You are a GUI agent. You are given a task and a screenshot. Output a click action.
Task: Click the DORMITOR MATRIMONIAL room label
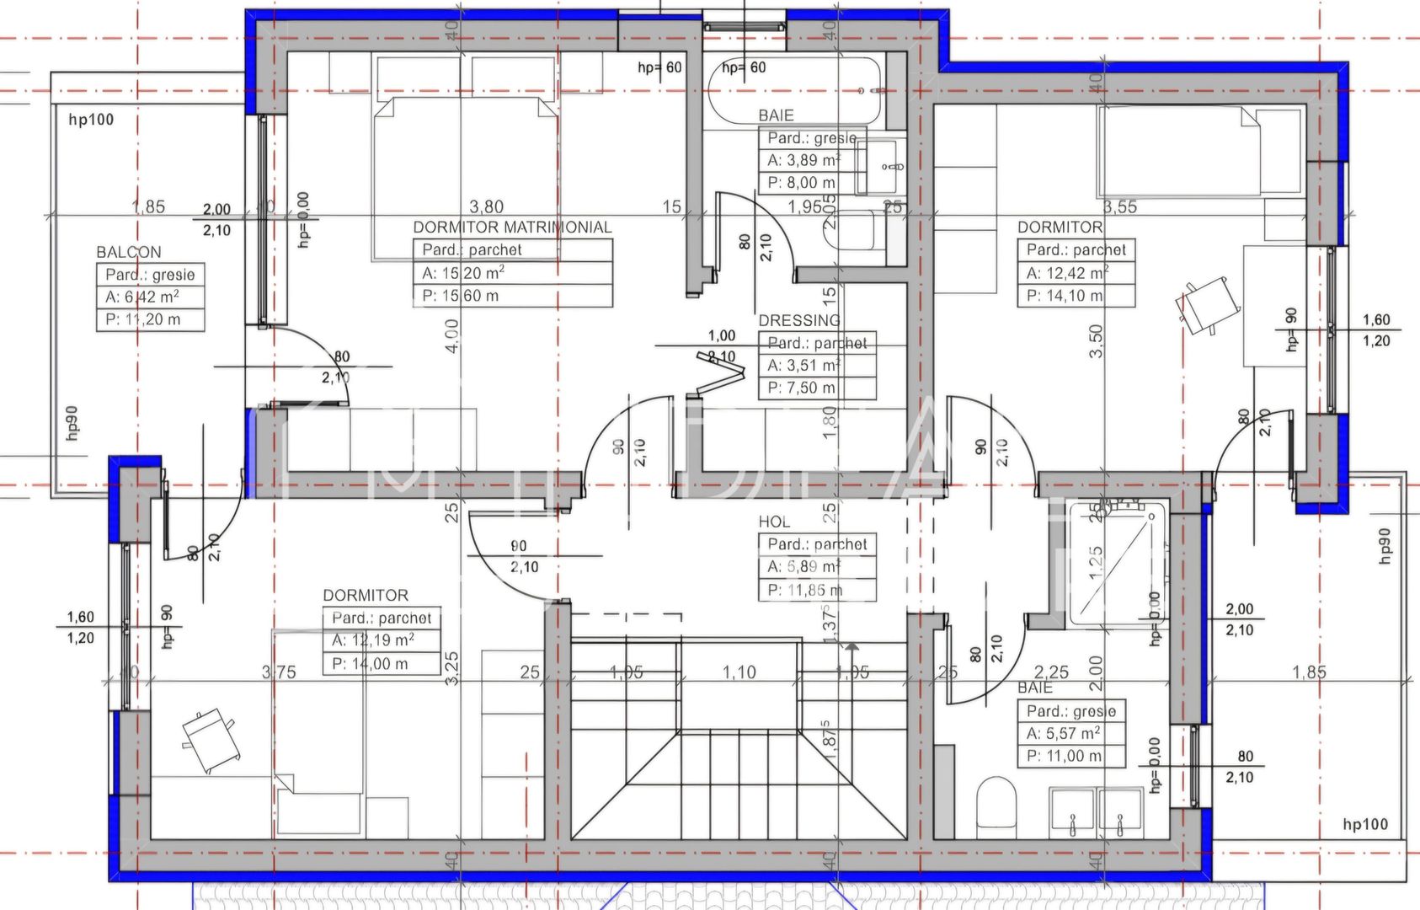pyautogui.click(x=512, y=227)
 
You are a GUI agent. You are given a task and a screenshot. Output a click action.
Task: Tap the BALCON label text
pyautogui.click(x=128, y=252)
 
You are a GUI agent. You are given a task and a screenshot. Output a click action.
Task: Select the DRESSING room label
pyautogui.click(x=799, y=320)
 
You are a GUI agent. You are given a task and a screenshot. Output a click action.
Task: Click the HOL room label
pyautogui.click(x=774, y=522)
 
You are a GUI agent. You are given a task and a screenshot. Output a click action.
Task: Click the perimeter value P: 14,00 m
pyautogui.click(x=370, y=664)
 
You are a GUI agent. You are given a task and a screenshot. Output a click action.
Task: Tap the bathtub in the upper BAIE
pyautogui.click(x=794, y=90)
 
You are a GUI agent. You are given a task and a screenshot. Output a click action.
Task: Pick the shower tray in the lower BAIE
pyautogui.click(x=1117, y=563)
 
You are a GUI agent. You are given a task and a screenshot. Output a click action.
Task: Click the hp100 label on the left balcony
pyautogui.click(x=91, y=120)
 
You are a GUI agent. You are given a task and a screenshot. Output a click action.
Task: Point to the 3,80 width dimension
pyautogui.click(x=486, y=206)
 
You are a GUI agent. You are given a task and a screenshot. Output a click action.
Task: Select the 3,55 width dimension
pyautogui.click(x=1120, y=206)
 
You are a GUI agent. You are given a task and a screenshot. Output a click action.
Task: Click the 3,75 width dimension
pyautogui.click(x=279, y=672)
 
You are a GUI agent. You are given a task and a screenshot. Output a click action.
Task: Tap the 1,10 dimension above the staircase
pyautogui.click(x=739, y=672)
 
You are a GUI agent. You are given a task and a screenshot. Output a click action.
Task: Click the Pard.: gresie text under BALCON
pyautogui.click(x=150, y=275)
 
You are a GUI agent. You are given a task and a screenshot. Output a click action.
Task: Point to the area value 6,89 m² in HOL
pyautogui.click(x=803, y=567)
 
